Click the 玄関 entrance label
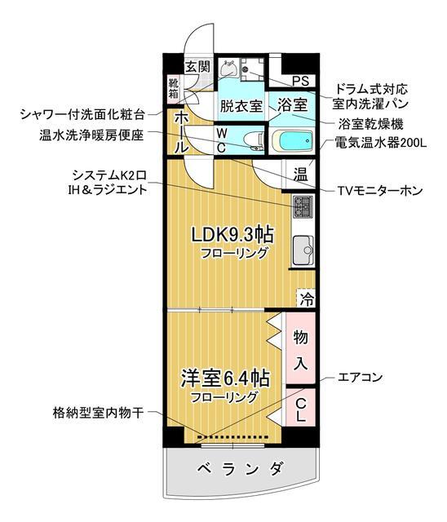(197, 66)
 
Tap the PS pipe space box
(299, 81)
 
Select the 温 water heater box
(300, 174)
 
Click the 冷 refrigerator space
(305, 298)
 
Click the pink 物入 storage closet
(299, 348)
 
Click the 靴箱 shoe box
(174, 86)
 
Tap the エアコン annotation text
(361, 378)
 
